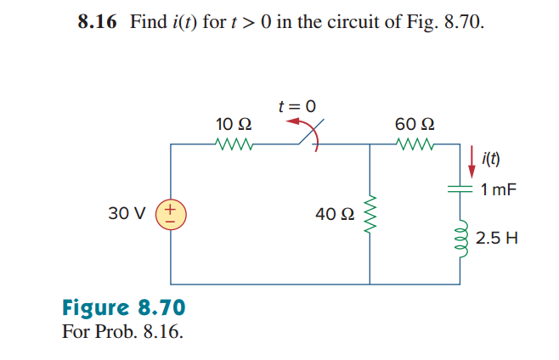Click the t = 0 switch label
(x=296, y=107)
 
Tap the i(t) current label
(x=491, y=158)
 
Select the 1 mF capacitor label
(x=497, y=189)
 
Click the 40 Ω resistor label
(x=332, y=214)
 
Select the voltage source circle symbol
(x=171, y=213)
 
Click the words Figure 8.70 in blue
(x=124, y=307)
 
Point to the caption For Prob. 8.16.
(x=123, y=329)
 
